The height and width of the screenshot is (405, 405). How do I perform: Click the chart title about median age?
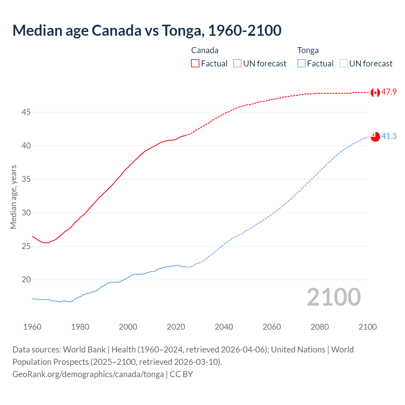(x=147, y=30)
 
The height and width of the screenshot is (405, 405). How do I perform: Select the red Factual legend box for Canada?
(x=195, y=64)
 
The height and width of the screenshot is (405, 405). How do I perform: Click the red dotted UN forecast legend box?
(x=237, y=64)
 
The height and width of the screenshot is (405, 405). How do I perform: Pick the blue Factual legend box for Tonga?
(x=302, y=64)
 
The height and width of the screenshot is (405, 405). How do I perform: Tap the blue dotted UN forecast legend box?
(x=344, y=64)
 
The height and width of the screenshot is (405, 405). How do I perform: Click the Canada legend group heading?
(x=205, y=50)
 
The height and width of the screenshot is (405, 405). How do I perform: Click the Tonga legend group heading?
(x=308, y=50)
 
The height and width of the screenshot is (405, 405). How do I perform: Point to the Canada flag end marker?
(x=375, y=92)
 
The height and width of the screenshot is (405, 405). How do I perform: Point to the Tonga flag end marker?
(x=375, y=137)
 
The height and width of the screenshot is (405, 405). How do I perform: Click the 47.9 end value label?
(x=389, y=92)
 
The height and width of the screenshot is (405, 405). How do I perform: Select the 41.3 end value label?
(x=389, y=136)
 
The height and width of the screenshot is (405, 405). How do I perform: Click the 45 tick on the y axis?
(x=26, y=112)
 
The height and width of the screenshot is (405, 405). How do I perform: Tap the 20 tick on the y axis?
(x=26, y=280)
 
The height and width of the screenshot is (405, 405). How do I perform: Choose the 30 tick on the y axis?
(x=26, y=213)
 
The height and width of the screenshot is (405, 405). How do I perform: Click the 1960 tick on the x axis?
(x=32, y=327)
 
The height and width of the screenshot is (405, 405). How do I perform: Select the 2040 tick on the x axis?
(x=224, y=327)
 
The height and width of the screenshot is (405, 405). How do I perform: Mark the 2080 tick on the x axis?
(x=320, y=327)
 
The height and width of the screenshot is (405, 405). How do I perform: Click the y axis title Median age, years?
(x=13, y=197)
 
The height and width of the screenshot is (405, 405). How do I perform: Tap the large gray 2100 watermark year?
(x=333, y=297)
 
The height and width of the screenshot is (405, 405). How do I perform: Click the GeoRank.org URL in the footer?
(x=88, y=374)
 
